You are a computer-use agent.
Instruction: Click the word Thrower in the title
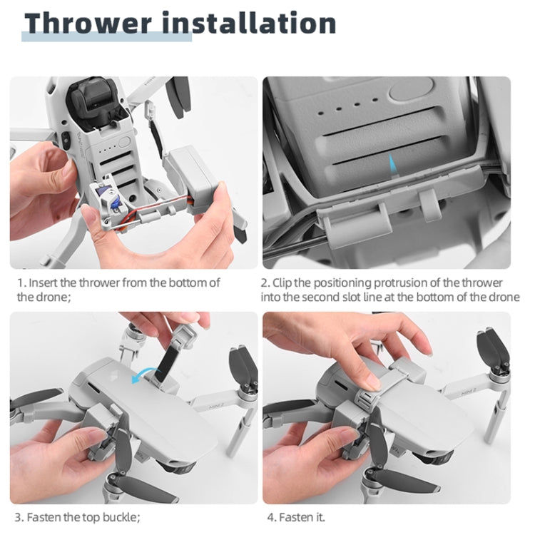87,24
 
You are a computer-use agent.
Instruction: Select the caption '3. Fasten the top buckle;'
78,516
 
